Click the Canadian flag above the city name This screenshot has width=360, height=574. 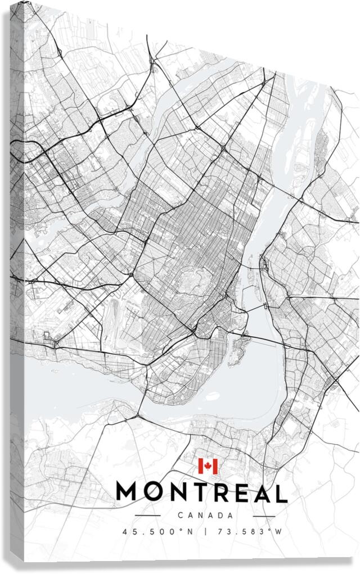(x=208, y=466)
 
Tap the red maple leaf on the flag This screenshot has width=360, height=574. (x=208, y=466)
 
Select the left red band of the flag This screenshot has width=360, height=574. (x=200, y=466)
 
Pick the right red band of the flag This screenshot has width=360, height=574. (x=215, y=466)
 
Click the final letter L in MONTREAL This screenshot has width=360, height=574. (x=281, y=492)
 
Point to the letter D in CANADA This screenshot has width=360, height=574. (x=220, y=516)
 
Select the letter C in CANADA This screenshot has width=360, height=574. (x=180, y=516)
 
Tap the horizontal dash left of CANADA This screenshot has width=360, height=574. (x=148, y=516)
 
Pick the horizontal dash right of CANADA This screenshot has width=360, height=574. (x=264, y=516)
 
